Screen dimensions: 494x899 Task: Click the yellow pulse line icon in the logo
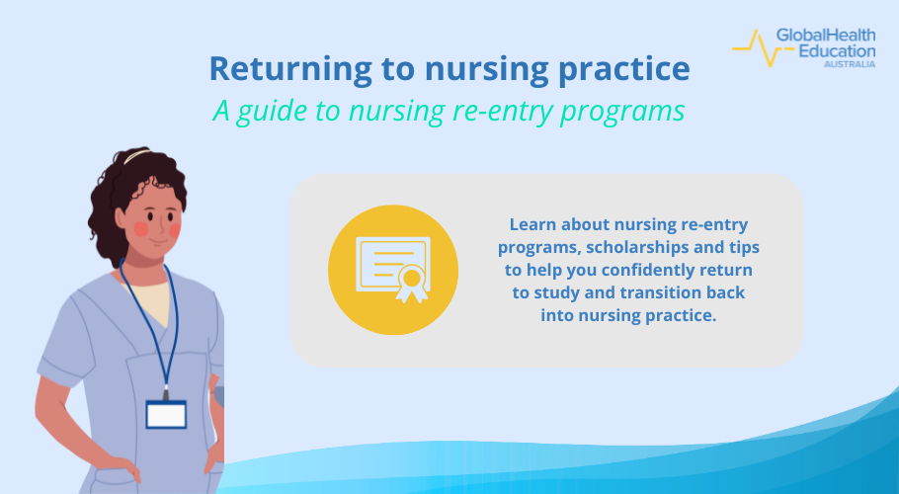click(x=753, y=45)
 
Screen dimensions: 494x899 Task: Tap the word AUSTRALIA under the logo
click(x=850, y=64)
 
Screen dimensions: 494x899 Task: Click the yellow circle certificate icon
click(x=392, y=270)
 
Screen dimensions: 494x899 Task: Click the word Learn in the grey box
click(x=534, y=224)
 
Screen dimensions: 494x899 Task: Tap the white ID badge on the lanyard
click(x=166, y=413)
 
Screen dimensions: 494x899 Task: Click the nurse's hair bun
click(x=136, y=155)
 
